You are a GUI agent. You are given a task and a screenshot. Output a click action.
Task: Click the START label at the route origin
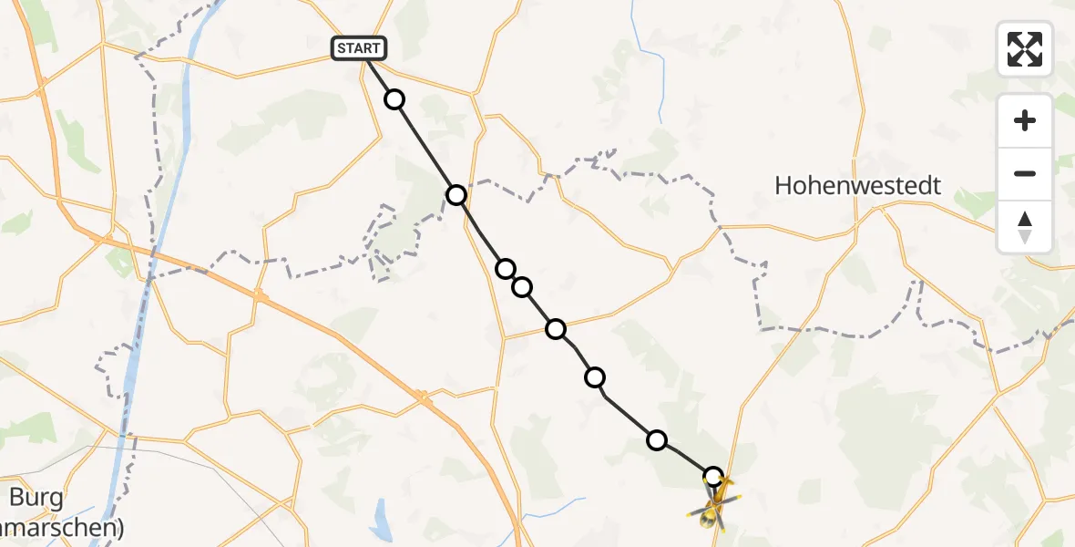click(360, 48)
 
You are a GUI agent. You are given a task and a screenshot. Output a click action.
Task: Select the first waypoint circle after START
click(394, 99)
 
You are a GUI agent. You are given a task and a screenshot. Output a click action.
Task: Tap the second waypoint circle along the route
click(456, 195)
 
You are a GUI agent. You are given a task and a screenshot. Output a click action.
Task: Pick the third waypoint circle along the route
click(506, 268)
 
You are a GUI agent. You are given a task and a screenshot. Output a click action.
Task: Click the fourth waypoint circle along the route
click(522, 288)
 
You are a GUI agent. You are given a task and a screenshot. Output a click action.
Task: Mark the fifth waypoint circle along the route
click(556, 329)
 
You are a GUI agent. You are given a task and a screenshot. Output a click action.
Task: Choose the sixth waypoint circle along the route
click(595, 377)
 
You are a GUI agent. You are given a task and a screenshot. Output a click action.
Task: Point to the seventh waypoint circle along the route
click(656, 440)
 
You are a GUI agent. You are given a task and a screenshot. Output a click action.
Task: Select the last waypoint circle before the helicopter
click(713, 476)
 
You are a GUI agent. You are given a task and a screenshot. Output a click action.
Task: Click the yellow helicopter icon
click(714, 506)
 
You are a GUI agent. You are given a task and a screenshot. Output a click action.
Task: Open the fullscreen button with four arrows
click(1025, 49)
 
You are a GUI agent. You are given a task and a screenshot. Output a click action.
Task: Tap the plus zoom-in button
click(1025, 120)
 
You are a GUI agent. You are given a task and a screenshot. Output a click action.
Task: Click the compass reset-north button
click(1025, 227)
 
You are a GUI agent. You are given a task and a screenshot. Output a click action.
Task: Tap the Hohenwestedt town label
click(857, 186)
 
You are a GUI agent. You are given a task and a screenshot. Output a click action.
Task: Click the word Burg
click(36, 498)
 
